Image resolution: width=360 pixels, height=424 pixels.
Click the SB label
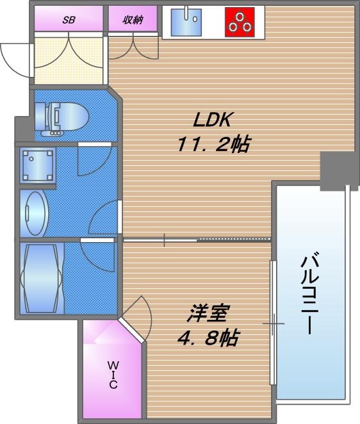[x=69, y=19]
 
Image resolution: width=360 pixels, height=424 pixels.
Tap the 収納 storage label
[x=133, y=19]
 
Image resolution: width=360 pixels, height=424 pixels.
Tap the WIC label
[x=113, y=375]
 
